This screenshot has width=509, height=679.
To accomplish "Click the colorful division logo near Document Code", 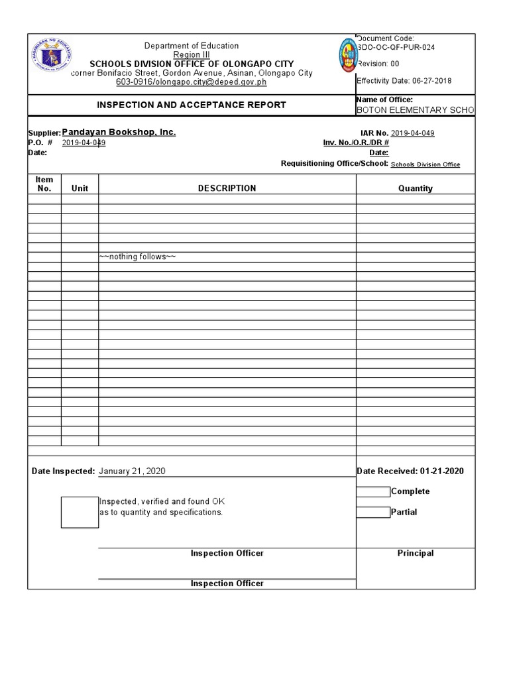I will pos(347,64).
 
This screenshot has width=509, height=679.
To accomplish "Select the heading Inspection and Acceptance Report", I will pos(192,105).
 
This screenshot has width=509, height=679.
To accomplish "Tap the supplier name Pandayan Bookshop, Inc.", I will pos(119,133).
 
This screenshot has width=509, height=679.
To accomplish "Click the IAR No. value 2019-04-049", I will pos(412,133).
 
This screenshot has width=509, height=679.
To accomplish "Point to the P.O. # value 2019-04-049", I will pos(84,143).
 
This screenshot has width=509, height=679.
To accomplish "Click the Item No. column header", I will pos(44,184).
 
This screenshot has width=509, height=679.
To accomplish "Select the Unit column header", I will pos(80,188).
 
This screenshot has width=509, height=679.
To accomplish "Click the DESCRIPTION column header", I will pos(227,188).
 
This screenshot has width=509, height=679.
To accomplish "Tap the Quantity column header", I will pos(415,188).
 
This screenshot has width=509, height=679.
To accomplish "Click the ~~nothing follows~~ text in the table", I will pos(137,257).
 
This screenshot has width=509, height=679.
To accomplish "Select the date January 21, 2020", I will pos(133,471).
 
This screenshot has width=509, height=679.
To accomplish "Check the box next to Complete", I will pos(373,492).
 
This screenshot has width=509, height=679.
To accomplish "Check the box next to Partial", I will pos(373,513).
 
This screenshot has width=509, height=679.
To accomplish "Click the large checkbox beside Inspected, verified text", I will pos(80,512).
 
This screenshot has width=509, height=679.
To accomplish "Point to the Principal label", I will pos(415,553).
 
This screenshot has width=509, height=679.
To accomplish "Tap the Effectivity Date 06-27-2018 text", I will pos(405,81).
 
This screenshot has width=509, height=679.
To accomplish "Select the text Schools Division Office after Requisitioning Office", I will pos(425,165).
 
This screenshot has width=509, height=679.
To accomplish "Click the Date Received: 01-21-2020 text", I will pos(410,471).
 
